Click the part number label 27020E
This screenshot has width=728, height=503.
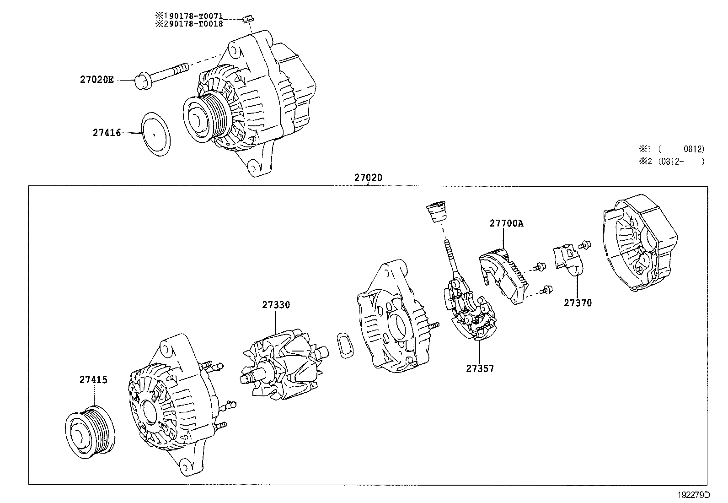pyautogui.click(x=96, y=80)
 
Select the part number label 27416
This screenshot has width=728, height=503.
pyautogui.click(x=107, y=133)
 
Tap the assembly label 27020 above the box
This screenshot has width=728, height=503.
pyautogui.click(x=368, y=178)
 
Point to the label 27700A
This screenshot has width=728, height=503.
pyautogui.click(x=506, y=223)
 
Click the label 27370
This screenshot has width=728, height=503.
pyautogui.click(x=577, y=303)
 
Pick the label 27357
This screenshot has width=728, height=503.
pyautogui.click(x=480, y=368)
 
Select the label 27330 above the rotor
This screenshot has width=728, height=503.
pyautogui.click(x=276, y=305)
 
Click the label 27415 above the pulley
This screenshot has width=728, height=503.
pyautogui.click(x=93, y=380)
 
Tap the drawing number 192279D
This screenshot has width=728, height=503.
pyautogui.click(x=694, y=495)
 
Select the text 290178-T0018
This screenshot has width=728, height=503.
pyautogui.click(x=193, y=24)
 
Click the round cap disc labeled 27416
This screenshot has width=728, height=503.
pyautogui.click(x=155, y=134)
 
